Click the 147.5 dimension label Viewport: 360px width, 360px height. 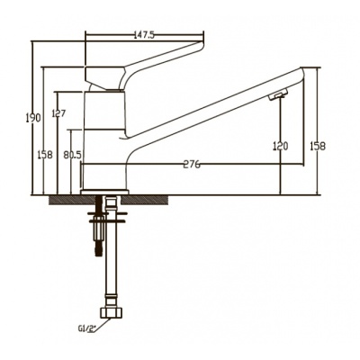pyautogui.click(x=143, y=35)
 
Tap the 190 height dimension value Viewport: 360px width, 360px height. pyautogui.click(x=33, y=118)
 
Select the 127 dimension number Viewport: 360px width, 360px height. pyautogui.click(x=58, y=113)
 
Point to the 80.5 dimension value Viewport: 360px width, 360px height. pyautogui.click(x=72, y=155)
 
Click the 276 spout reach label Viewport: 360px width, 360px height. pyautogui.click(x=192, y=164)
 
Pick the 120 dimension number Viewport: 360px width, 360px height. pyautogui.click(x=281, y=146)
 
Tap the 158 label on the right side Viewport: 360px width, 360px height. pyautogui.click(x=318, y=146)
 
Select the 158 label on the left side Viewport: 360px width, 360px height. pyautogui.click(x=45, y=155)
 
